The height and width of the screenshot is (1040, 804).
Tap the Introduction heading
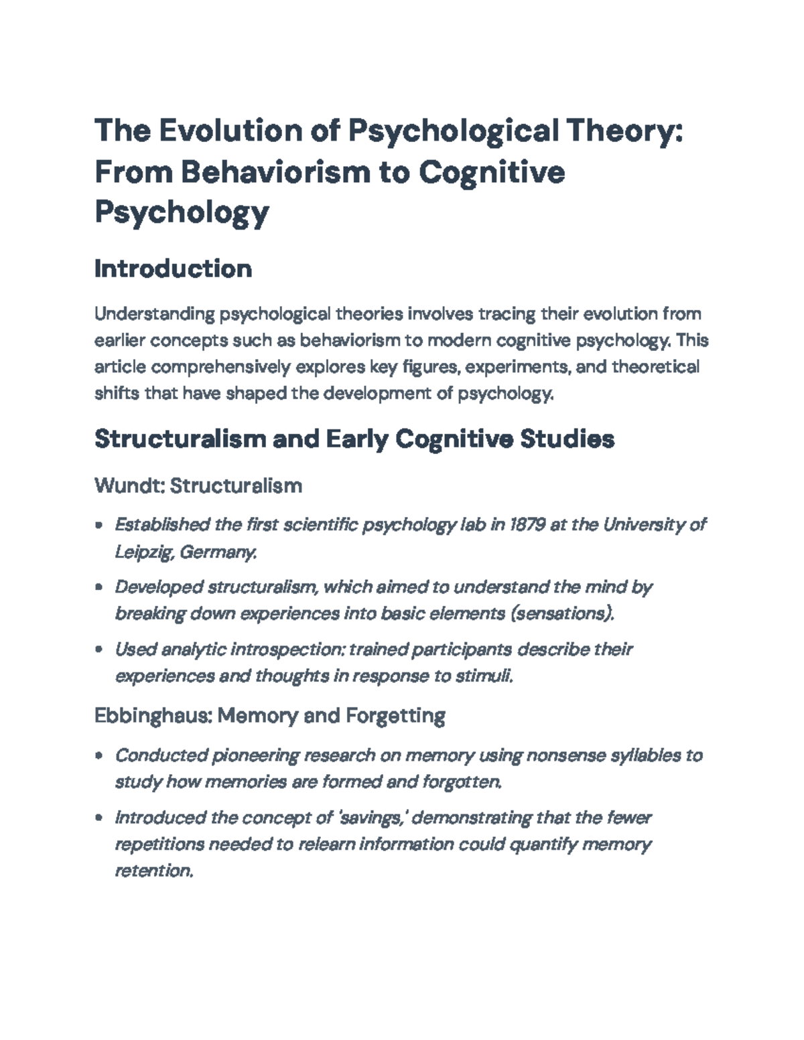pos(173,269)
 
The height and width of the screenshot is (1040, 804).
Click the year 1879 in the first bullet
pos(527,524)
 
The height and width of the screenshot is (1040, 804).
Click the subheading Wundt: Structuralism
pos(198,485)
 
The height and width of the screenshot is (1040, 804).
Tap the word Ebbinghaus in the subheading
pos(153,716)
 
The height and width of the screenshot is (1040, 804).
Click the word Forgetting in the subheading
pos(395,716)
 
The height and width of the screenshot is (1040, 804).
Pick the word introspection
pos(287,650)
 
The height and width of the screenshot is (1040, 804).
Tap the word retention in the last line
pos(154,871)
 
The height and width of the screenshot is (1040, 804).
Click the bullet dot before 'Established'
pos(99,526)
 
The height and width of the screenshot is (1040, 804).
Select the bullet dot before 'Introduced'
pos(99,818)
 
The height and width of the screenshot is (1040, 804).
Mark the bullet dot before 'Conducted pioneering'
pos(99,756)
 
